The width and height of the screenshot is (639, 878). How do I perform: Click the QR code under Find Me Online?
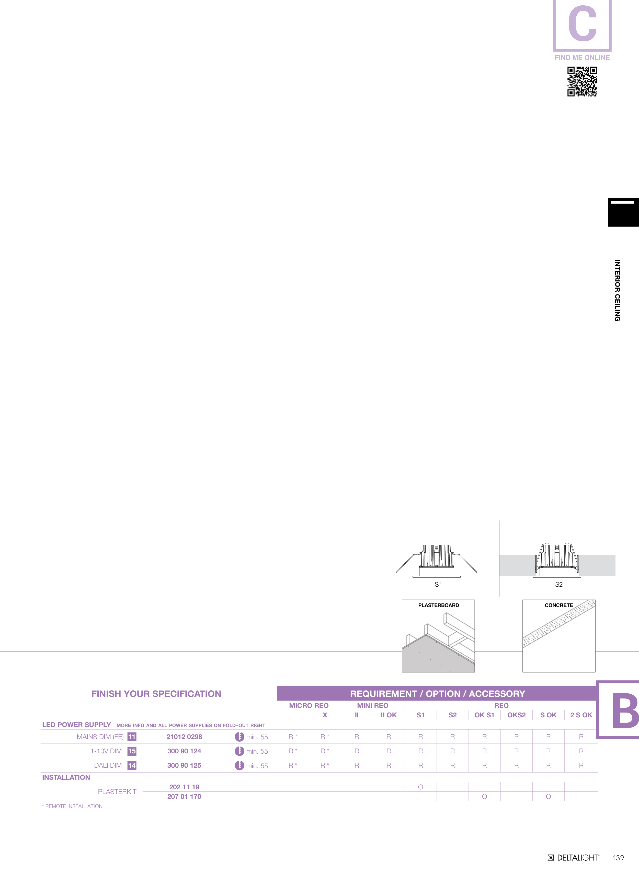point(582,81)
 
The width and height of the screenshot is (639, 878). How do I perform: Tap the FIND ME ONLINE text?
point(582,58)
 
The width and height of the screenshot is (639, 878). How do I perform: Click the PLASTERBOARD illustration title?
point(438,605)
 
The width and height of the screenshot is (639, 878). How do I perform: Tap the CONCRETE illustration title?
point(559,605)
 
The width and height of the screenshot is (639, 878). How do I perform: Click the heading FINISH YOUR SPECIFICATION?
point(156,694)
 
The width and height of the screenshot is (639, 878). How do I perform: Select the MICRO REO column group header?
point(309,705)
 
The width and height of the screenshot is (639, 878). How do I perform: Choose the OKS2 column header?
point(517,715)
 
